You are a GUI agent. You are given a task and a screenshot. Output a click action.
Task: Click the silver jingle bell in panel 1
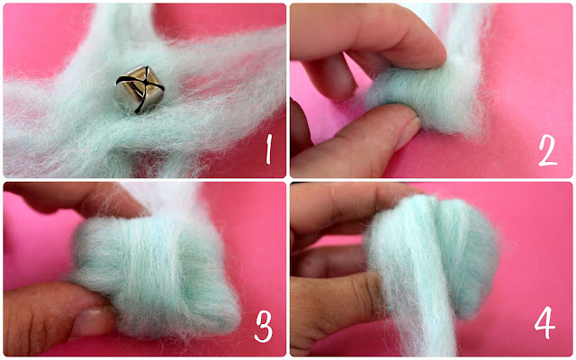click(x=139, y=90)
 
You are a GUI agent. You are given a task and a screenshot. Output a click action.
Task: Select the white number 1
click(x=269, y=149)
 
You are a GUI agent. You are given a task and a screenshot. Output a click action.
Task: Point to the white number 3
click(x=264, y=327)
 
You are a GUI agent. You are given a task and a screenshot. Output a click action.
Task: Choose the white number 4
click(x=544, y=322)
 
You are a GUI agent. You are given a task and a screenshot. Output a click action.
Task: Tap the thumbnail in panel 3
click(x=91, y=322)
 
